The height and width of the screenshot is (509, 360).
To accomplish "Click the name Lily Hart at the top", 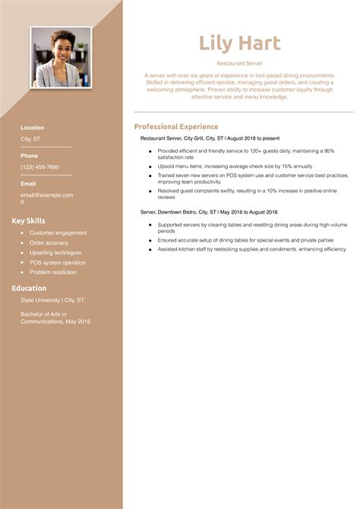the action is [x=239, y=43].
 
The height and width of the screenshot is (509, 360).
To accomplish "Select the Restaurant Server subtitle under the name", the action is [x=239, y=64].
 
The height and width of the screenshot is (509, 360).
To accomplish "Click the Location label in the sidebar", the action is [x=33, y=128].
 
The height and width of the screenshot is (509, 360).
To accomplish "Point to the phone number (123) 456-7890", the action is [x=39, y=166].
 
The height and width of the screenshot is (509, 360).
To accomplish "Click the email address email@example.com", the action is [x=47, y=195].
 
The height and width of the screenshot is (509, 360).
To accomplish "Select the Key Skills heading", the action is [x=29, y=221].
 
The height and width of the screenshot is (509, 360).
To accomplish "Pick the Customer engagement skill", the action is [x=58, y=233].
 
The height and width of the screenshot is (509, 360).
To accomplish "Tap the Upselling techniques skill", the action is [x=55, y=253].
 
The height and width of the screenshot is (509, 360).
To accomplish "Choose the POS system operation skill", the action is [x=58, y=263].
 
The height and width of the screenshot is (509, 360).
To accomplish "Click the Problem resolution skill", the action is [x=53, y=273].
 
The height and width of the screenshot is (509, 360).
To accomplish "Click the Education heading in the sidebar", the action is [x=29, y=289].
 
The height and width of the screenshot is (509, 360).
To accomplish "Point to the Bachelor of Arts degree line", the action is [x=55, y=318].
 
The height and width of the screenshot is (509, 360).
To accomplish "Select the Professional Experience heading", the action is [x=176, y=127].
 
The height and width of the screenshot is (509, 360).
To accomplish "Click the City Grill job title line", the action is [x=210, y=138].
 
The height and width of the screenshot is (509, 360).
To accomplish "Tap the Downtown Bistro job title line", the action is [x=209, y=213].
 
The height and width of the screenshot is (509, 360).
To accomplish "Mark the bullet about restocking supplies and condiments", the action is [x=251, y=249].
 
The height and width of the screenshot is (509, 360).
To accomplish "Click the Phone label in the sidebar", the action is [x=29, y=156].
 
